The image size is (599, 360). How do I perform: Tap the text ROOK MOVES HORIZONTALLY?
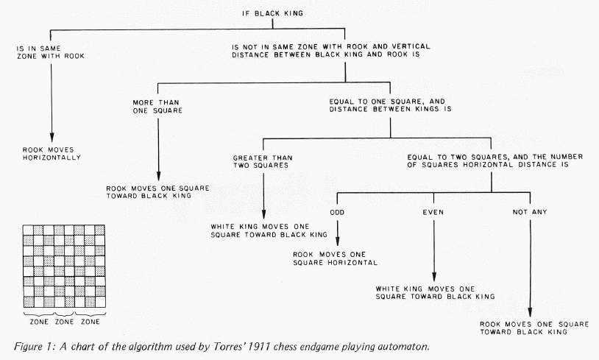[52, 153]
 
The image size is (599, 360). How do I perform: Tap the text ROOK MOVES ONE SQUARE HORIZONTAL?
[335, 258]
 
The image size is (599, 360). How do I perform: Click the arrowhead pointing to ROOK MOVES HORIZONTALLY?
[52, 136]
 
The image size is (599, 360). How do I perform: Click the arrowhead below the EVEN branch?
[434, 275]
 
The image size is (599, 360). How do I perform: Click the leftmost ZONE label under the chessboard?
[39, 322]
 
